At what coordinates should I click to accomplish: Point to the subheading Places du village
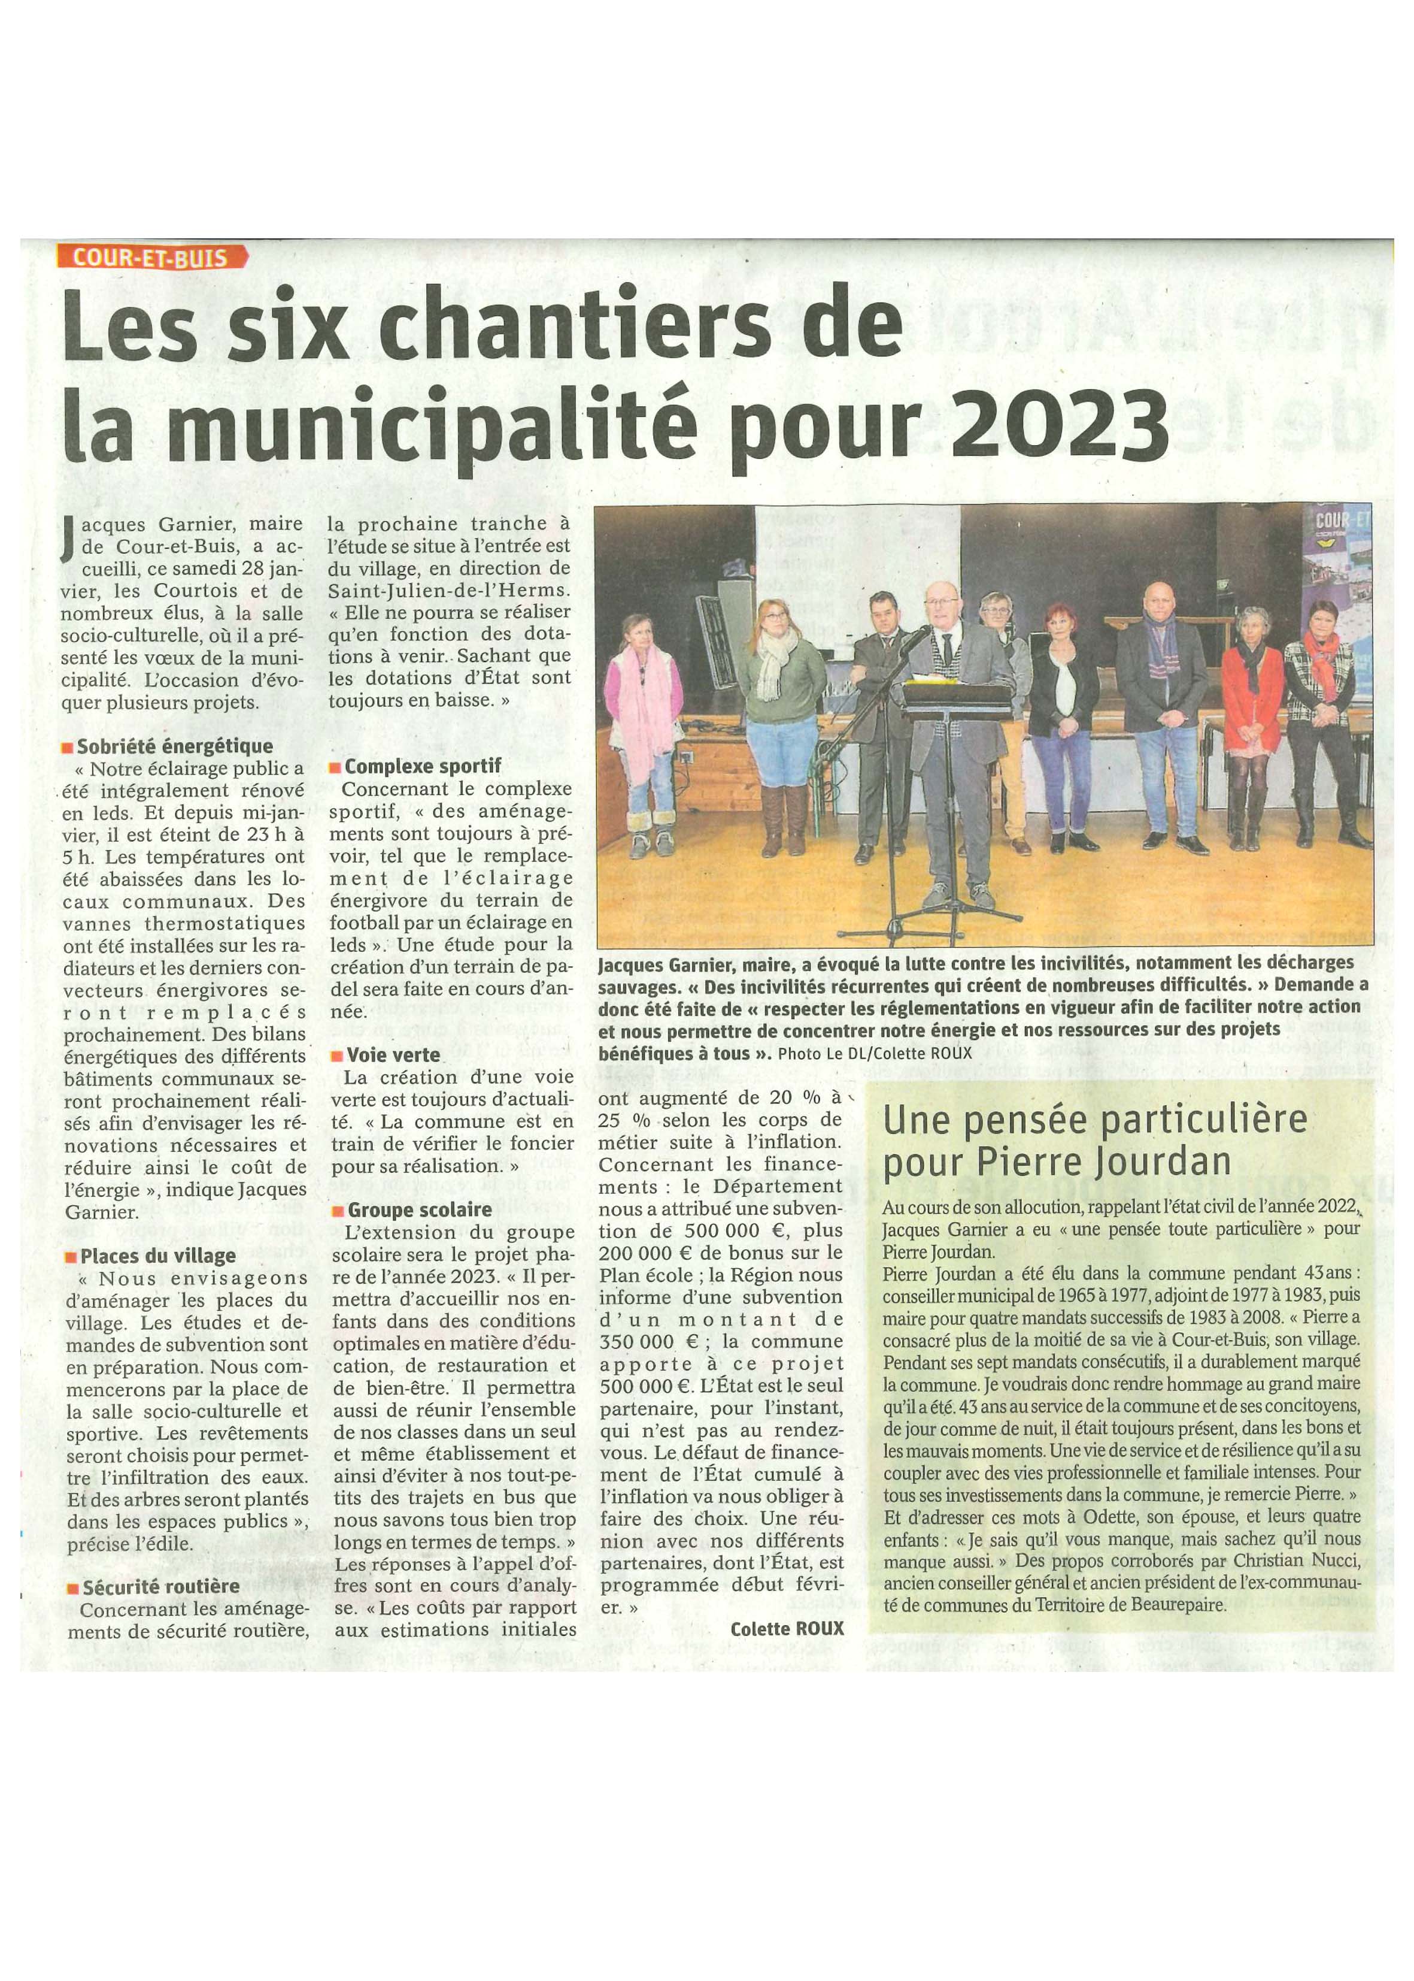pos(157,1256)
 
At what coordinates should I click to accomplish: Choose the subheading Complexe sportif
pos(422,767)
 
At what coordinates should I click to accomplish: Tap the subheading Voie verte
pos(393,1054)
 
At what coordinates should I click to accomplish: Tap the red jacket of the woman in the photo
pos(1251,689)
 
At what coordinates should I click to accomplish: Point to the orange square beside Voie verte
pos(336,1056)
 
